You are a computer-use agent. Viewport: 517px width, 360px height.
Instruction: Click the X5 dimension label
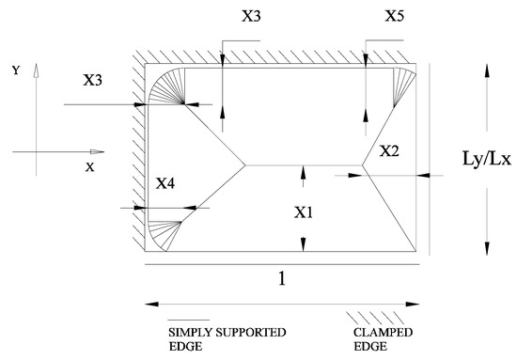click(x=395, y=16)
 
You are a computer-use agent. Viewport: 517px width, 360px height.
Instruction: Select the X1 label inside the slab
click(x=303, y=212)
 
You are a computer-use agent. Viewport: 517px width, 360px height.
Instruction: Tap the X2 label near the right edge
click(x=389, y=150)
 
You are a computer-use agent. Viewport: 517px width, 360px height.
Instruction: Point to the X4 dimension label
click(x=164, y=183)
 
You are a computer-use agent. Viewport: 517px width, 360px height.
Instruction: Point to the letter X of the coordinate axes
click(x=64, y=166)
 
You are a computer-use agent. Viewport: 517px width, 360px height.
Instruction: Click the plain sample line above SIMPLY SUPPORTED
click(x=188, y=320)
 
